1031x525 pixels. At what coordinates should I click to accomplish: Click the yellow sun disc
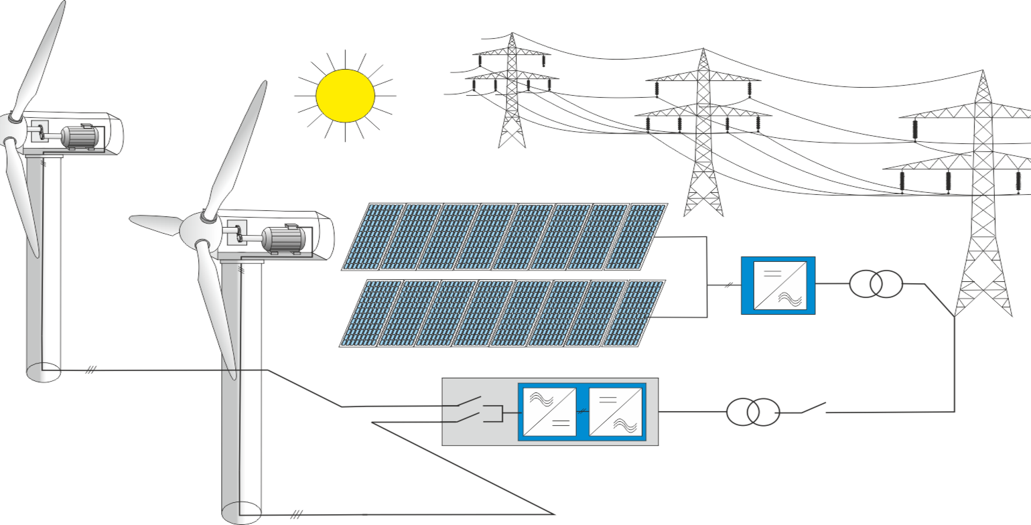click(x=345, y=96)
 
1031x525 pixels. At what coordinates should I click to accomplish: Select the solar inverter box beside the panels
click(x=778, y=285)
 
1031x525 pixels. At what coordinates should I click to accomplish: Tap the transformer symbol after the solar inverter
click(x=876, y=284)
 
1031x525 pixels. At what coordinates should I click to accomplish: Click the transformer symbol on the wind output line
click(x=753, y=411)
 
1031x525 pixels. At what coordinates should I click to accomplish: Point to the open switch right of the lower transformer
click(x=813, y=407)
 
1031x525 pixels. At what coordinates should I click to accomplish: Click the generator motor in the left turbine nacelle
click(x=80, y=137)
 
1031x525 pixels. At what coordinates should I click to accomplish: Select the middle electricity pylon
click(x=703, y=134)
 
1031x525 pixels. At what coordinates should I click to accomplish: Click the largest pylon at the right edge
click(x=983, y=201)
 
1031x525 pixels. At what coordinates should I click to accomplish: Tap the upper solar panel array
click(x=504, y=236)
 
